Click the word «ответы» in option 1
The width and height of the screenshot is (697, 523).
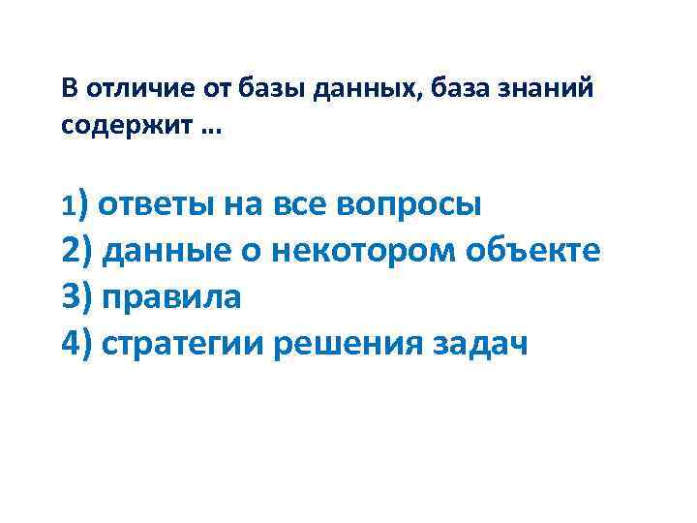click(158, 206)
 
